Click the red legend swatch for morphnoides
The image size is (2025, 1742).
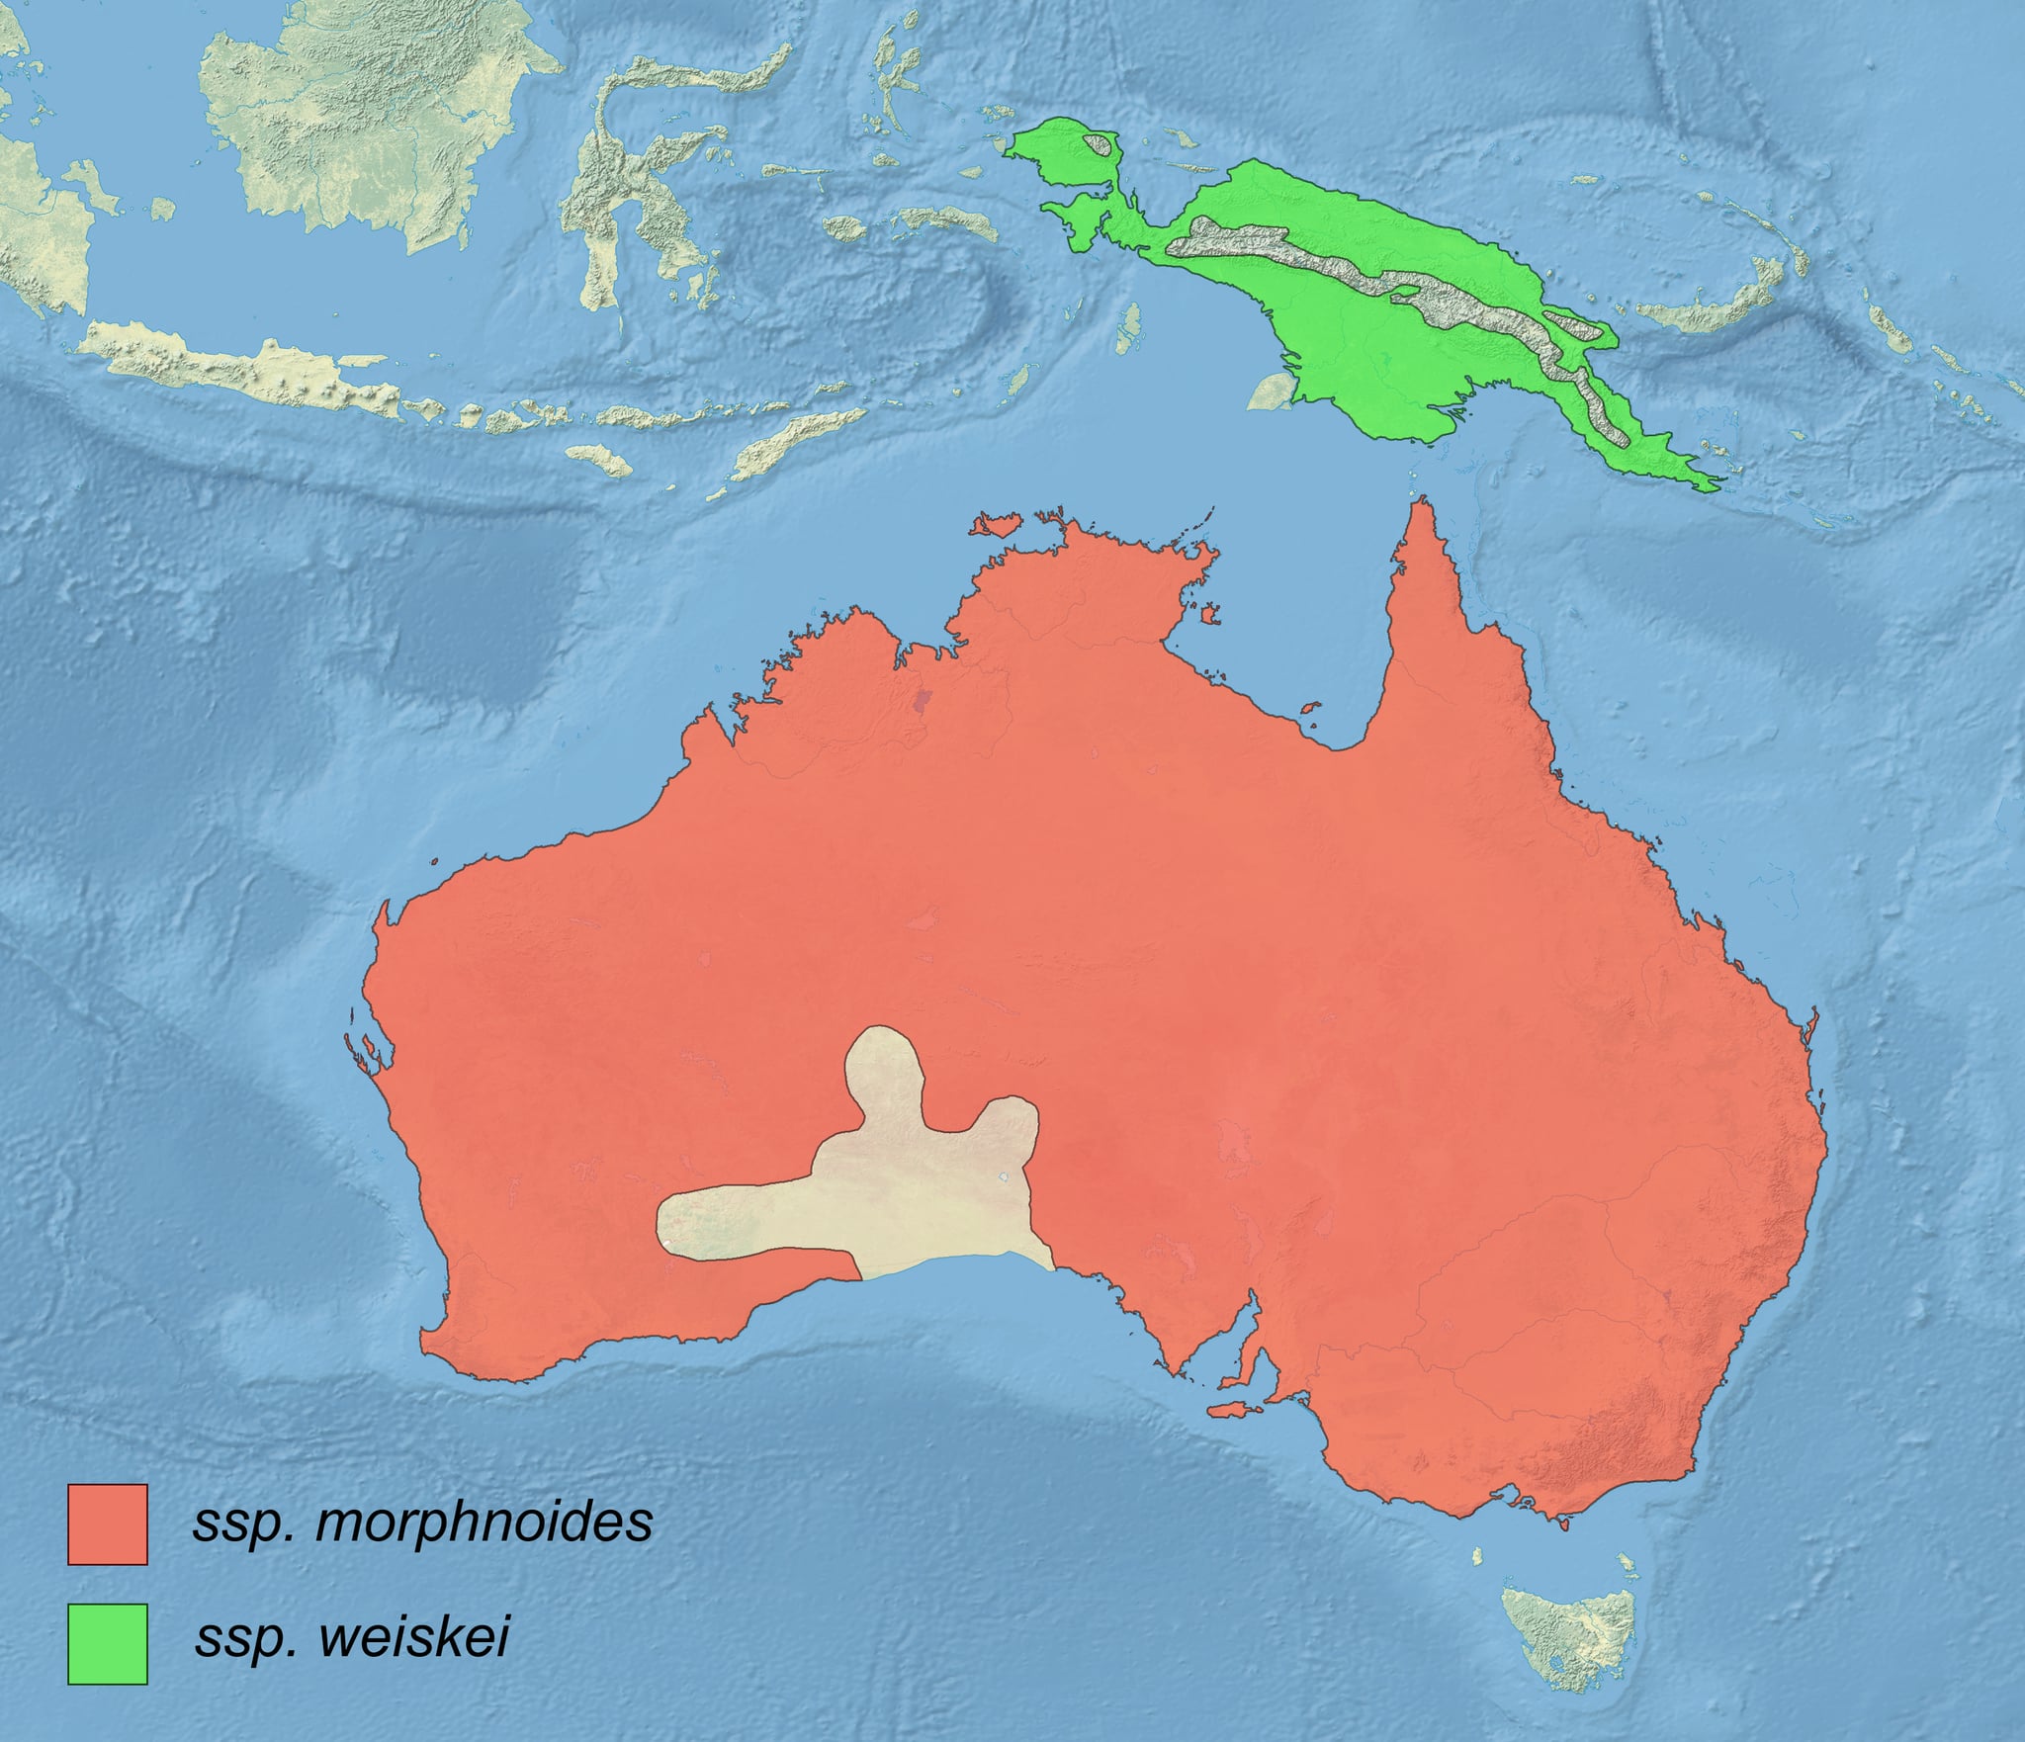[x=107, y=1524]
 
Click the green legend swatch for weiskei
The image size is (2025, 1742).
[x=107, y=1643]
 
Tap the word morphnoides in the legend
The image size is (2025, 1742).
[x=484, y=1522]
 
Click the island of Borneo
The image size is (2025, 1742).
[x=376, y=119]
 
